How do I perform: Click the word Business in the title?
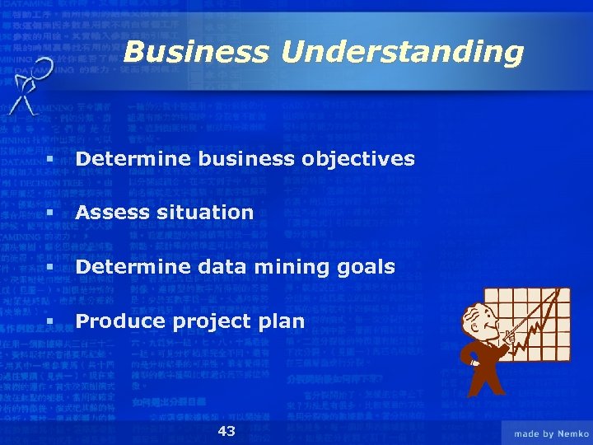[x=195, y=53]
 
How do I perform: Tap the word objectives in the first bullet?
[x=362, y=158]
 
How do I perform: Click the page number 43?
[x=226, y=432]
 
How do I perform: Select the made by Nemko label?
[x=551, y=433]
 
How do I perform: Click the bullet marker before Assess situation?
[x=51, y=213]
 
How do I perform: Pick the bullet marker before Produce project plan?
[x=51, y=322]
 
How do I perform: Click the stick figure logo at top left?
[x=30, y=86]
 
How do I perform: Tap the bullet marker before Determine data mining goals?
[x=51, y=268]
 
